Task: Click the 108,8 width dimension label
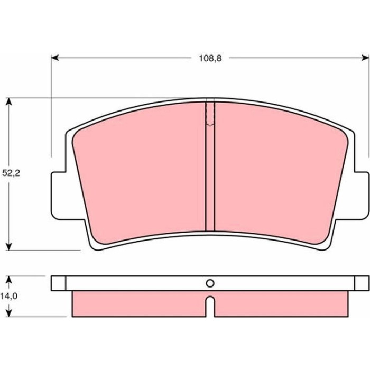[210, 58]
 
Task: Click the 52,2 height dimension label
[11, 173]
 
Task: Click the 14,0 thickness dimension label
[9, 296]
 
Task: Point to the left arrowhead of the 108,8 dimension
[55, 58]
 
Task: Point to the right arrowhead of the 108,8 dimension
[365, 58]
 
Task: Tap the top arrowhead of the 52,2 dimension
[9, 101]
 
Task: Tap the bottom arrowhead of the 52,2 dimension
[9, 247]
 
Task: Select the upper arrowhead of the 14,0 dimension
[9, 280]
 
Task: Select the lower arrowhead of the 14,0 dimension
[9, 313]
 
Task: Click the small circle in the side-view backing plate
[210, 283]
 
